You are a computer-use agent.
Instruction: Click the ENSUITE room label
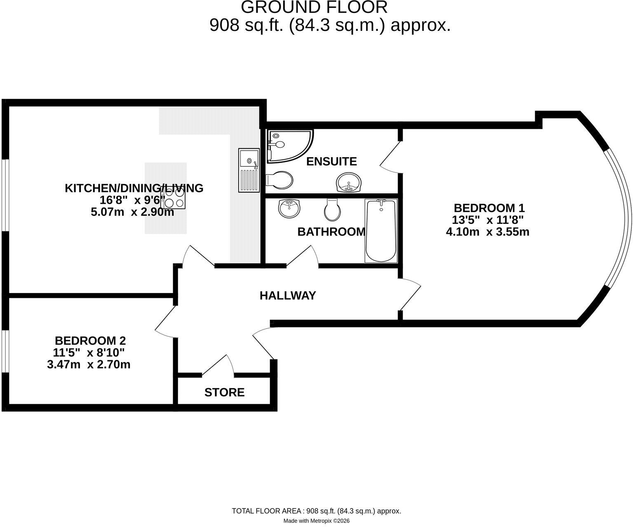coord(331,162)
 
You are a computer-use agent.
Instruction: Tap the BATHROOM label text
coord(331,232)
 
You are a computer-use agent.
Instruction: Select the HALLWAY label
coord(288,296)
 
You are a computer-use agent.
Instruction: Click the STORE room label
coord(224,392)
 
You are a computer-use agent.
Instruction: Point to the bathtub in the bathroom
coord(381,231)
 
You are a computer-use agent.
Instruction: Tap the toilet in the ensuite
coord(279,180)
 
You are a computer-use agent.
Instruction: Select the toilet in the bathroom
coord(332,210)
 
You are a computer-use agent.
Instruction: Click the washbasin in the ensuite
coord(349,182)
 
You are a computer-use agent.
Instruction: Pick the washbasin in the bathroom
coord(289,208)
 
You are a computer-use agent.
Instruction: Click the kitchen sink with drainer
coord(249,170)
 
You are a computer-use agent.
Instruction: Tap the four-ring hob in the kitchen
coord(175,198)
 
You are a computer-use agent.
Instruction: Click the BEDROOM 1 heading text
coord(489,208)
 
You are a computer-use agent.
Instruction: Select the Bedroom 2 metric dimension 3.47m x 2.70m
coord(89,364)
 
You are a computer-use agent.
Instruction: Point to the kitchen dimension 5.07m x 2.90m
coord(132,212)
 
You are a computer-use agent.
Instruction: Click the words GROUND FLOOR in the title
coord(314,7)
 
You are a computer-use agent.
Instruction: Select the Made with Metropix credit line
coord(316,521)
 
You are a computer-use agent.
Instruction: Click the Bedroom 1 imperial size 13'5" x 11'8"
coord(488,220)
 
